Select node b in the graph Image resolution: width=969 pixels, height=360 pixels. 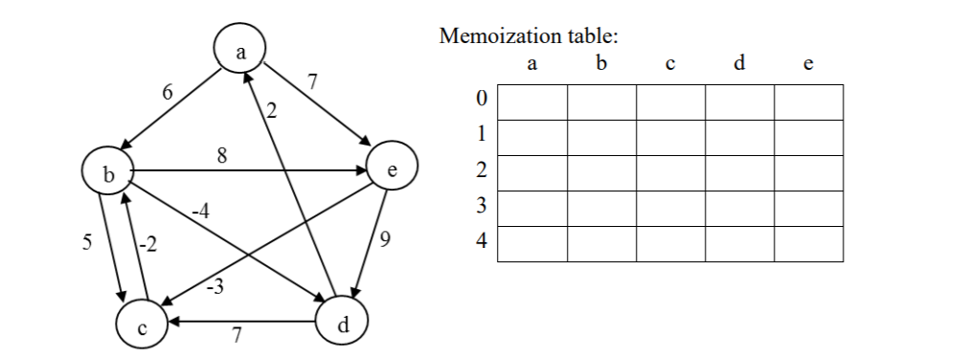click(108, 175)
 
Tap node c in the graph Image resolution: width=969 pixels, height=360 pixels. click(143, 327)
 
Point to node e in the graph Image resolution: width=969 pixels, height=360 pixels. click(392, 169)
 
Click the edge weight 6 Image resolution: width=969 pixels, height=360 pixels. click(168, 93)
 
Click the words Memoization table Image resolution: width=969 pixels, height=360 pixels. click(529, 37)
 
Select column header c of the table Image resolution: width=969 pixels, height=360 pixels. click(670, 65)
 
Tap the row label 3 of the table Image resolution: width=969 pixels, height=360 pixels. click(482, 208)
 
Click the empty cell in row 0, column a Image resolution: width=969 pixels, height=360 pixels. click(532, 101)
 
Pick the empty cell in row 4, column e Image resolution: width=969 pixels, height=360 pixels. click(808, 243)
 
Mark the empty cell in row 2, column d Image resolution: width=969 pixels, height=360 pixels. click(739, 172)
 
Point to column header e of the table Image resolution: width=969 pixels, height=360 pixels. click(808, 65)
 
